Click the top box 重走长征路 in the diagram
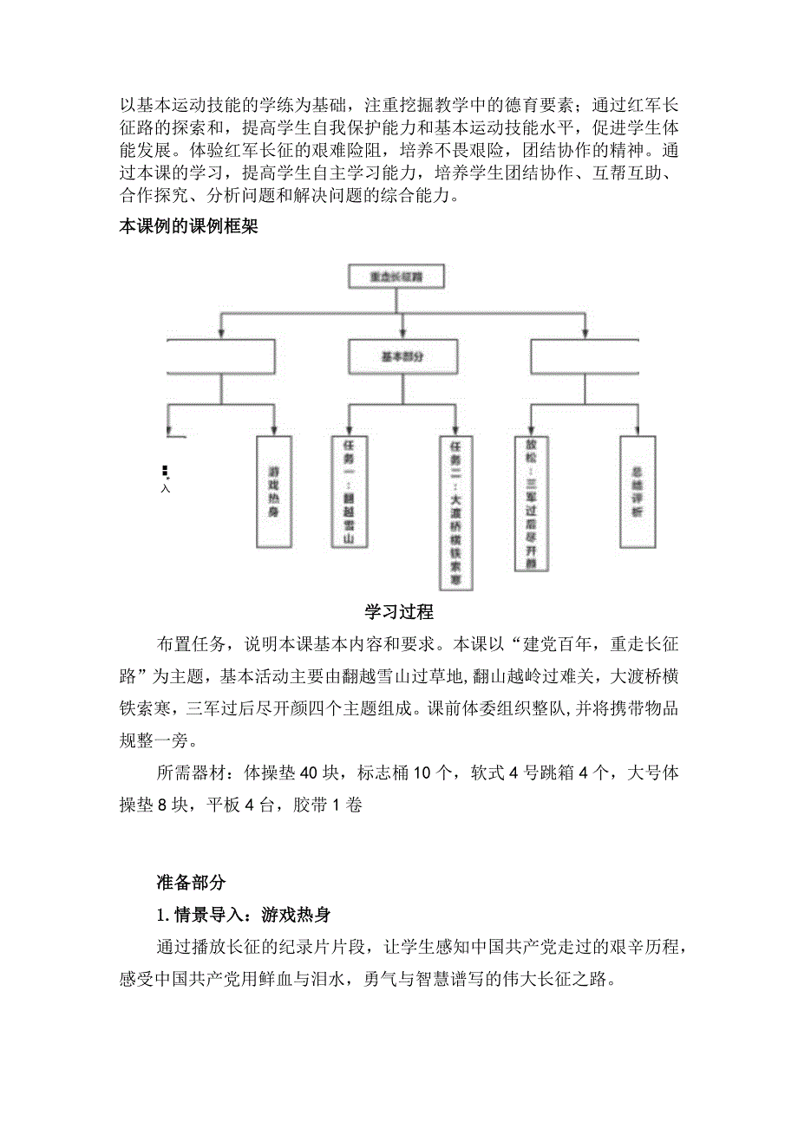click(396, 277)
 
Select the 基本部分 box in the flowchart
click(402, 356)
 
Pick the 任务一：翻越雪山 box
click(349, 491)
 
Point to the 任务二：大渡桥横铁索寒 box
click(455, 512)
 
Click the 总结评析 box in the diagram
click(638, 491)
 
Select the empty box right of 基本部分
click(585, 356)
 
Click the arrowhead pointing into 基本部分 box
click(402, 334)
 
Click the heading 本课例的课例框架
click(187, 229)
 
